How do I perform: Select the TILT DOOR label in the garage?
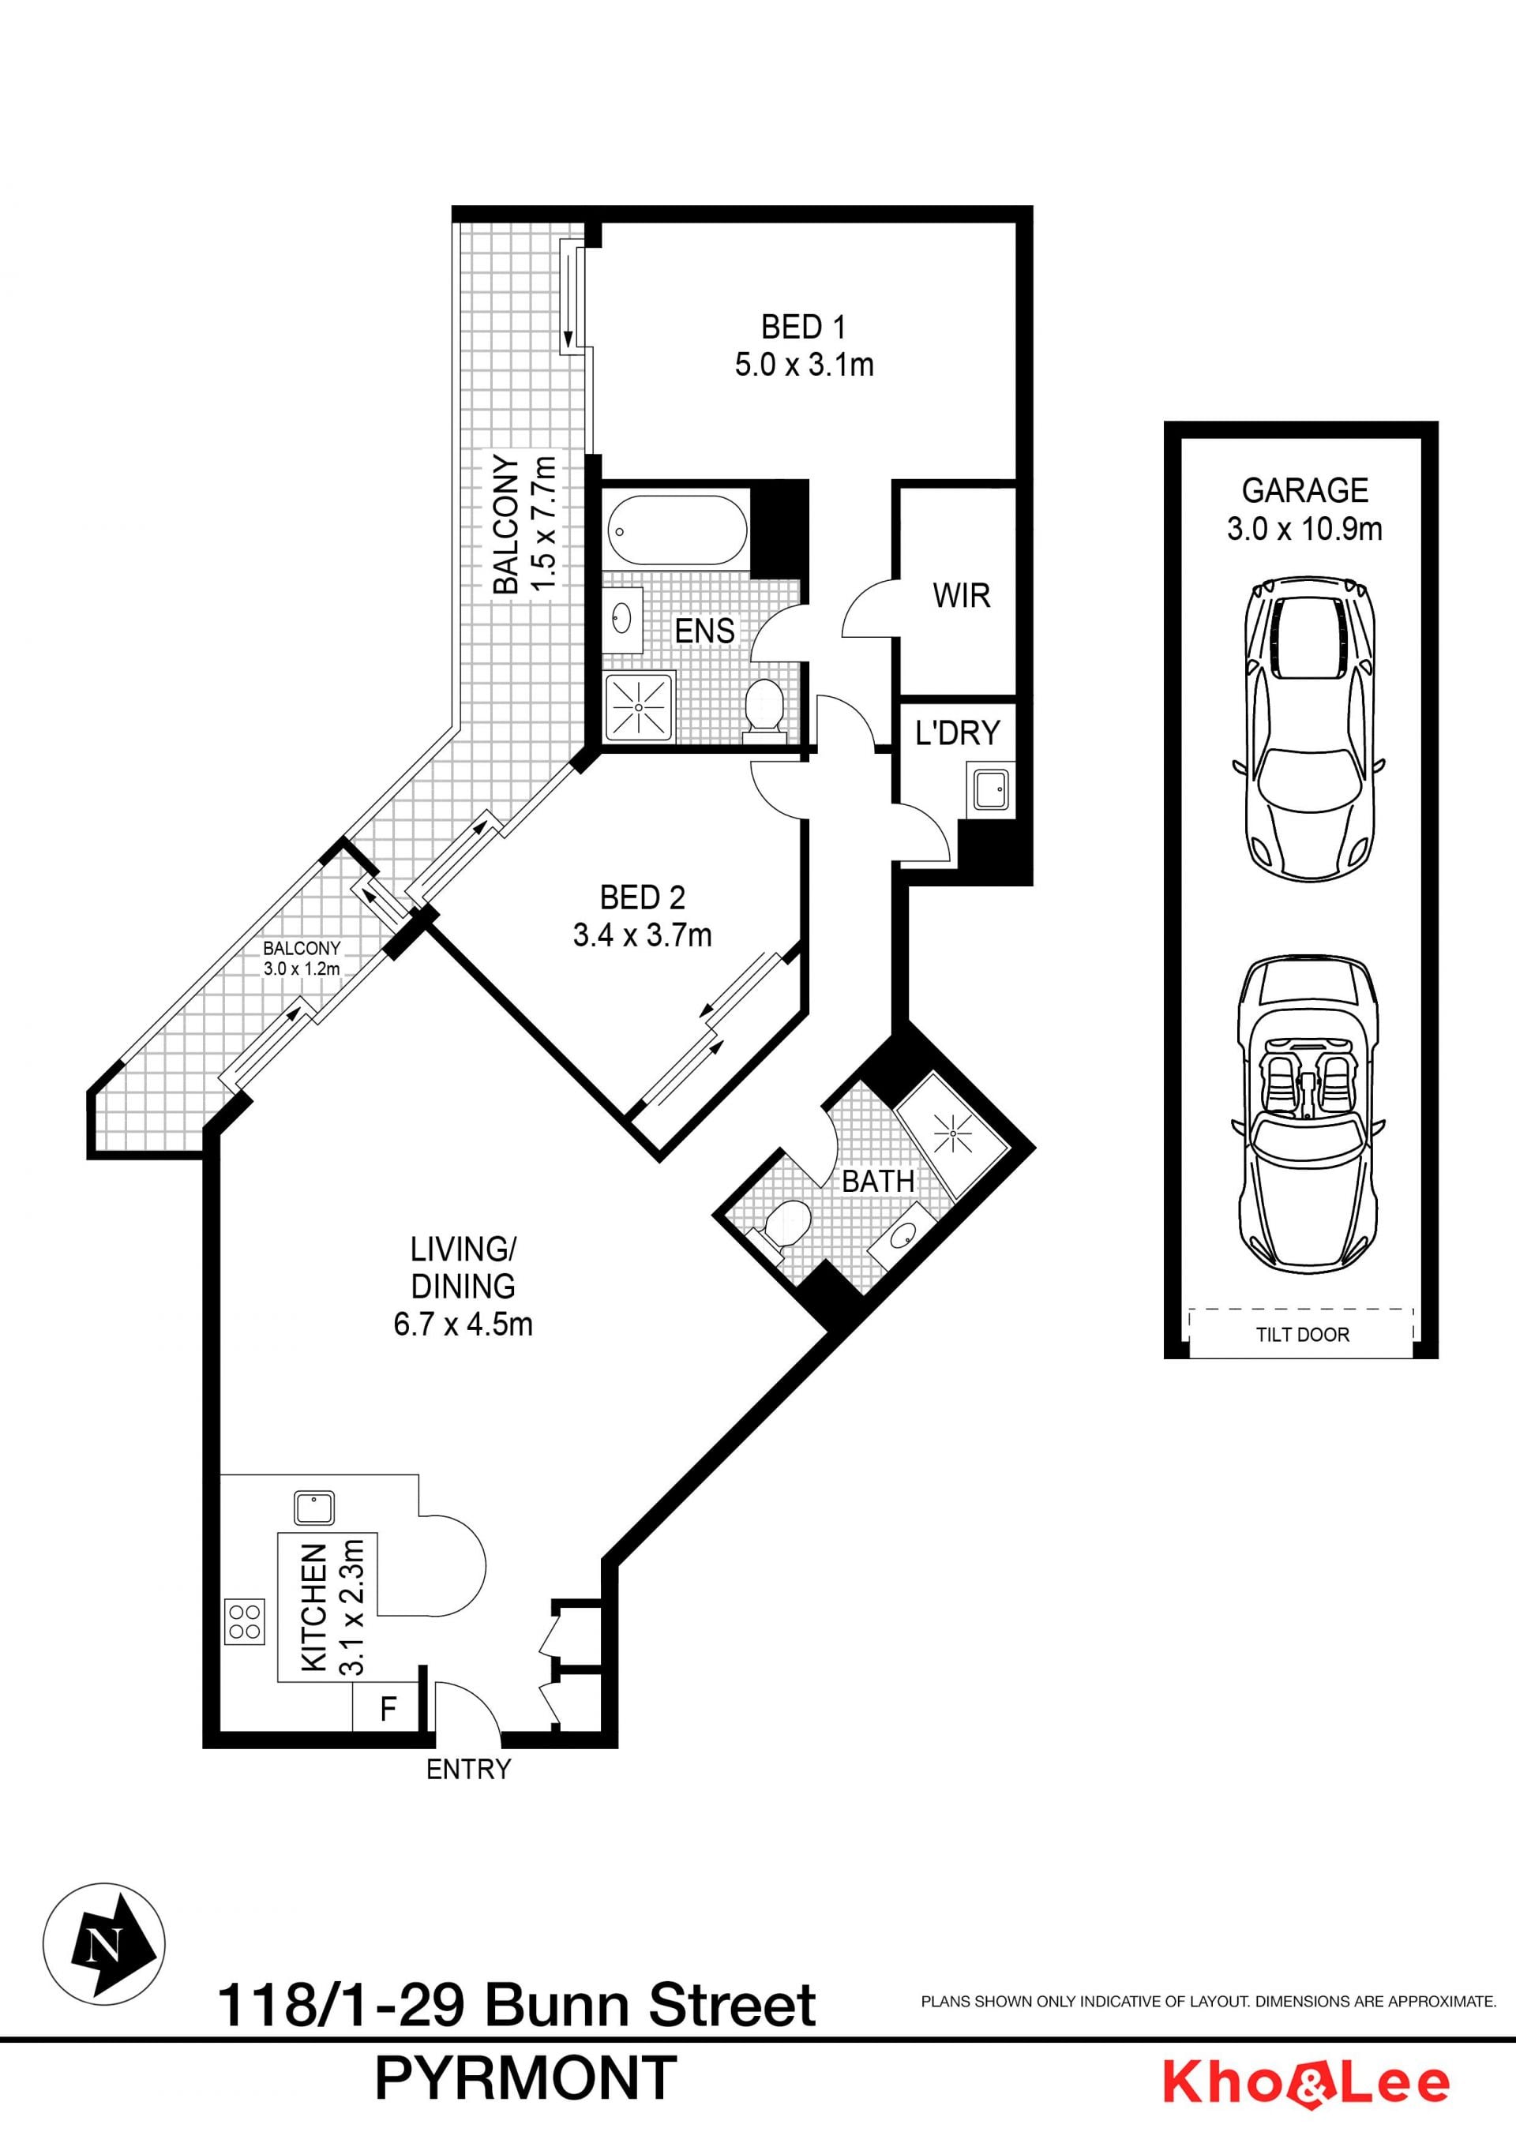point(1302,1335)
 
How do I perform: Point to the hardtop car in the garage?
point(1308,728)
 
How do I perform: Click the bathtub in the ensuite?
point(677,529)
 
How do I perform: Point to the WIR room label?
point(962,595)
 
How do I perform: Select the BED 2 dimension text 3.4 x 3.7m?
point(642,935)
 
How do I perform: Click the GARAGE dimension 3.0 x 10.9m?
point(1304,528)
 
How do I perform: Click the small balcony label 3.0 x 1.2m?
point(302,968)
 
